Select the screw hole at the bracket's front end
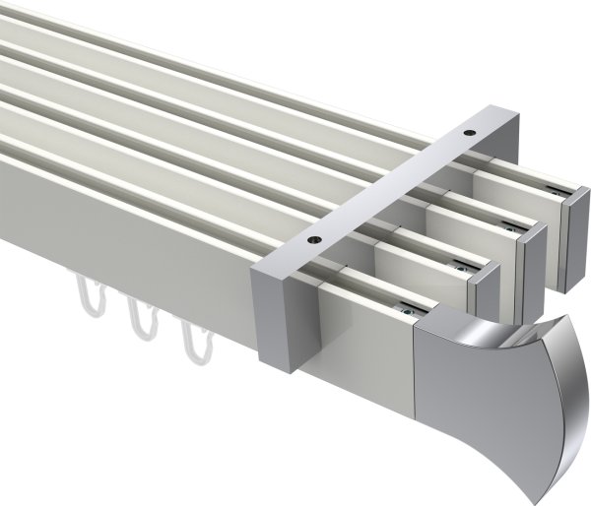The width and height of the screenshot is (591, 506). point(314,238)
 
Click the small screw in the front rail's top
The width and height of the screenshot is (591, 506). point(404,312)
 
